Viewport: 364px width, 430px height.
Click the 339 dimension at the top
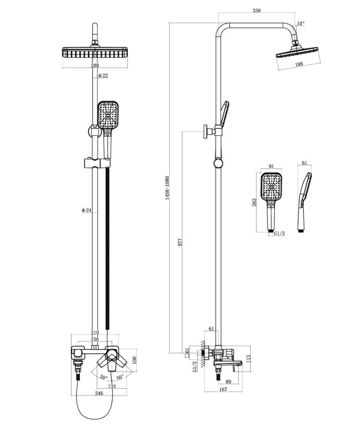pos(256,11)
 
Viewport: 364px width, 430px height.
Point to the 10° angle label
pos(301,24)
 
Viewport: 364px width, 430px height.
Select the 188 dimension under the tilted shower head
pos(299,64)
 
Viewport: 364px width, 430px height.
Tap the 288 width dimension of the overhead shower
pos(95,66)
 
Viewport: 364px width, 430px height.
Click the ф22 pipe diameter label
pos(103,76)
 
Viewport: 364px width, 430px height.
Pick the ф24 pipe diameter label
pos(86,210)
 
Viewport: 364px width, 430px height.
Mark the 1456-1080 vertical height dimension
pos(167,188)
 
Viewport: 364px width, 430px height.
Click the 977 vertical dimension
pos(180,242)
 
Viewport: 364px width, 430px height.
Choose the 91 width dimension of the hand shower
pos(271,166)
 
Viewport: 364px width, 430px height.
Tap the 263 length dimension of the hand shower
pos(254,202)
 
